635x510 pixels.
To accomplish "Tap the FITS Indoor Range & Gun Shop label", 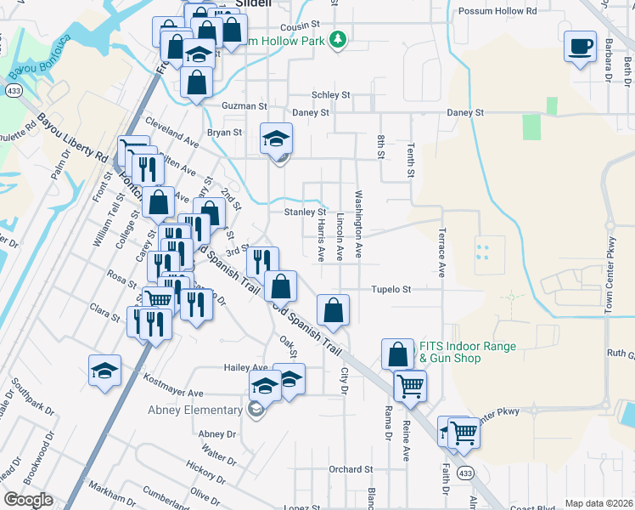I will click(461, 353).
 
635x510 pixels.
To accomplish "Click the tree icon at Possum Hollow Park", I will click(339, 39).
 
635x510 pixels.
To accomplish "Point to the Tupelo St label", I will click(391, 290).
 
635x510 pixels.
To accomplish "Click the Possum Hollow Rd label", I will click(497, 12).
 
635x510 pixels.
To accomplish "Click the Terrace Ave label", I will click(442, 252).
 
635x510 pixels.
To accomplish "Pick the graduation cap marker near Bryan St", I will click(275, 139).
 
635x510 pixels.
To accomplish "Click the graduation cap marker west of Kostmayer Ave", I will click(104, 370).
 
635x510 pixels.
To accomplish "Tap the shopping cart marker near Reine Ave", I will click(410, 385).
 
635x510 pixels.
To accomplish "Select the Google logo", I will click(27, 500).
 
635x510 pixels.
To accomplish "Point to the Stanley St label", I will click(305, 212).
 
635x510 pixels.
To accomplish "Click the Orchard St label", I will click(351, 469).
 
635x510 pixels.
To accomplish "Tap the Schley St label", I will click(330, 95).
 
